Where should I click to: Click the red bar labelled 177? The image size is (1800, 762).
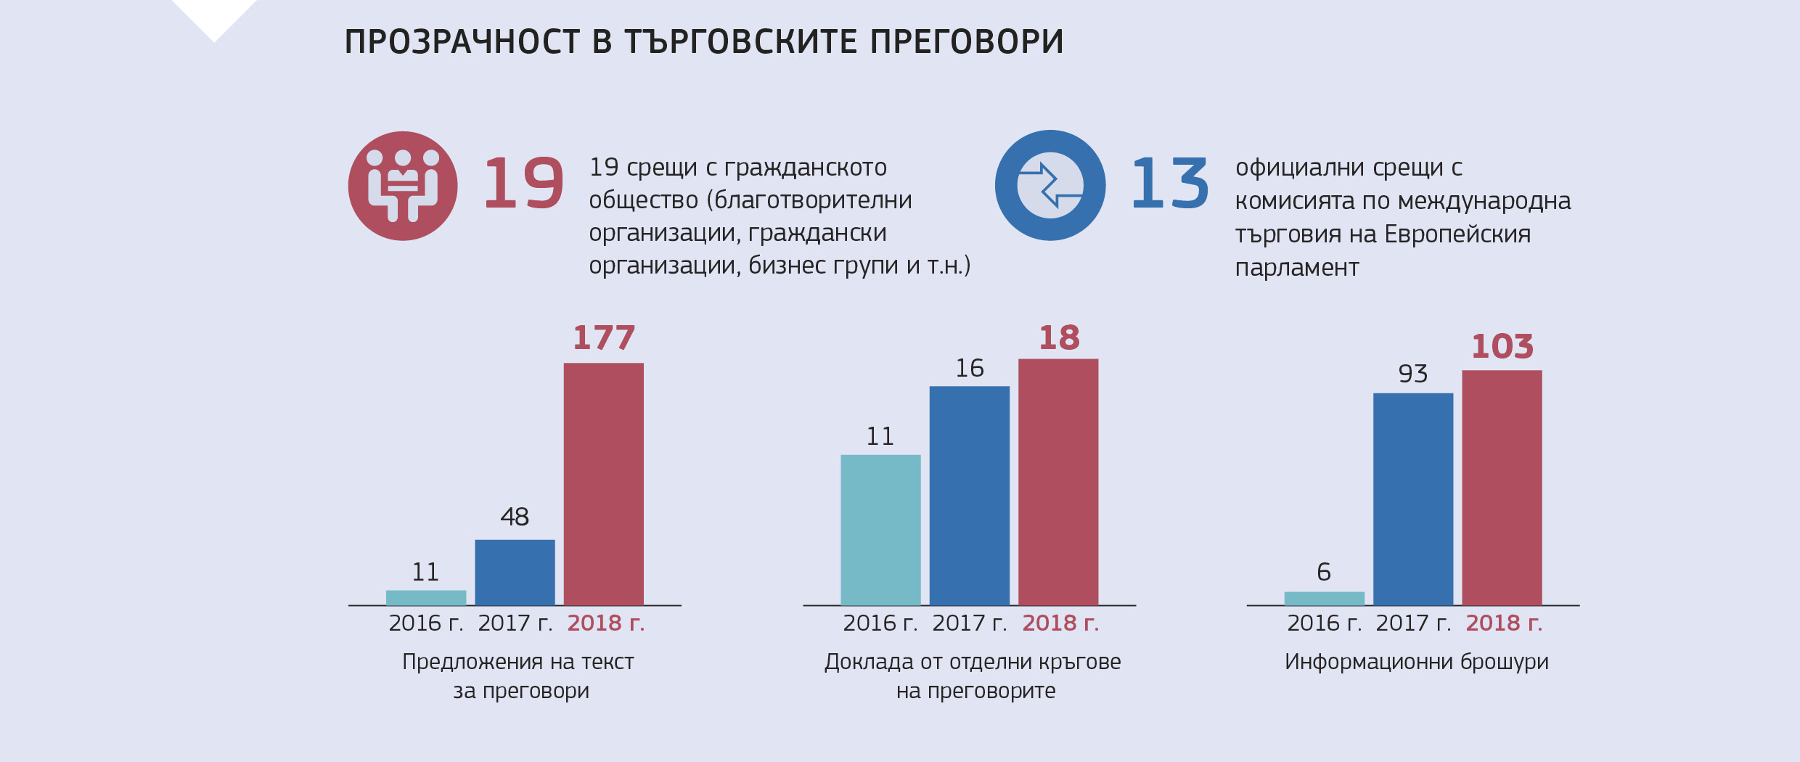[x=603, y=483]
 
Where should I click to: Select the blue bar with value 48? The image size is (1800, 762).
[x=515, y=572]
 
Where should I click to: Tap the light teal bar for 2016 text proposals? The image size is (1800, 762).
[x=426, y=597]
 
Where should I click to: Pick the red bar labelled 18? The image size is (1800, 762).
[x=1057, y=481]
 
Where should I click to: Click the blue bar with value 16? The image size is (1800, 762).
[x=969, y=495]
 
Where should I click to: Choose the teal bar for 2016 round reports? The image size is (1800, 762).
[x=880, y=530]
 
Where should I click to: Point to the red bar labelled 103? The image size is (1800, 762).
[x=1502, y=487]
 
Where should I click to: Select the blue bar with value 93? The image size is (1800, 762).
[x=1412, y=499]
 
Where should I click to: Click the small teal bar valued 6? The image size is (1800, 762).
[x=1324, y=598]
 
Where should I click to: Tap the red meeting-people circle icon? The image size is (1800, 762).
[x=403, y=186]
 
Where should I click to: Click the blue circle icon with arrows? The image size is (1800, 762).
[x=1050, y=186]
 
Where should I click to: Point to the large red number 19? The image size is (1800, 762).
[x=523, y=184]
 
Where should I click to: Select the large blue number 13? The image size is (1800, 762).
[x=1169, y=184]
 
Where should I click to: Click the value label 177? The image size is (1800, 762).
[x=603, y=337]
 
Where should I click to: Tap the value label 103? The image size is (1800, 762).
[x=1502, y=346]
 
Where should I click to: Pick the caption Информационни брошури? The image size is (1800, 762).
[x=1416, y=662]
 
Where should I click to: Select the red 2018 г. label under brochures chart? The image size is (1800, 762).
[x=1504, y=623]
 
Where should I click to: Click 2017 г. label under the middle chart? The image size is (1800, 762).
[x=969, y=623]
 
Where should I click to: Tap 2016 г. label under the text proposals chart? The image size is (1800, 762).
[x=425, y=623]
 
